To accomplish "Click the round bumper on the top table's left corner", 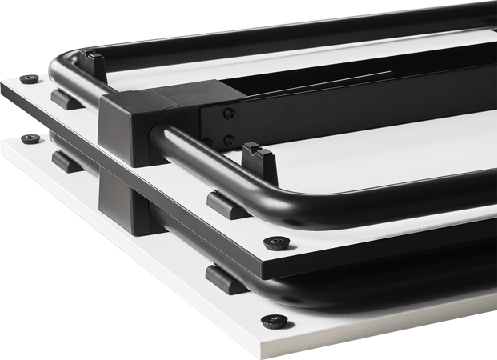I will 30,78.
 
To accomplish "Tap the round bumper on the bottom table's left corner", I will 30,139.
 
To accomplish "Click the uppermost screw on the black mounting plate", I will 230,112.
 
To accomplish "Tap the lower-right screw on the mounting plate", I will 229,141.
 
